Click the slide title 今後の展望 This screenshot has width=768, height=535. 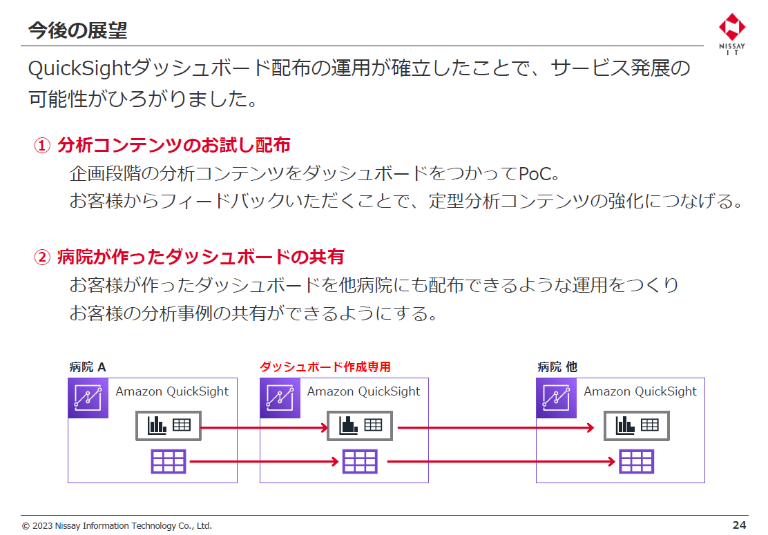coord(77,30)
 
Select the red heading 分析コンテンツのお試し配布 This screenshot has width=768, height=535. coord(173,145)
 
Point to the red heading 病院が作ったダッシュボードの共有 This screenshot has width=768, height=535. coord(200,257)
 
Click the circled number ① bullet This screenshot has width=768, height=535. coord(43,146)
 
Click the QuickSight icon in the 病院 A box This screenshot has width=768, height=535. coord(88,398)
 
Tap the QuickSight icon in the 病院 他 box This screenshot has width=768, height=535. coord(556,398)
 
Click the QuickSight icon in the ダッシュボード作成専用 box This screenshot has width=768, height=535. coord(280,398)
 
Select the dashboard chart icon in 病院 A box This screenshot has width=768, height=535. coord(169,426)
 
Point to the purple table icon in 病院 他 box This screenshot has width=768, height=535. coord(636,461)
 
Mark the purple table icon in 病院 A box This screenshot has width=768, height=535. coord(169,461)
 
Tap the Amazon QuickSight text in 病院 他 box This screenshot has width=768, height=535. coord(640,391)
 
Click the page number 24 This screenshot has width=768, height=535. coord(739,525)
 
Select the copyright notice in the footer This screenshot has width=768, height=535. coord(117,526)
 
